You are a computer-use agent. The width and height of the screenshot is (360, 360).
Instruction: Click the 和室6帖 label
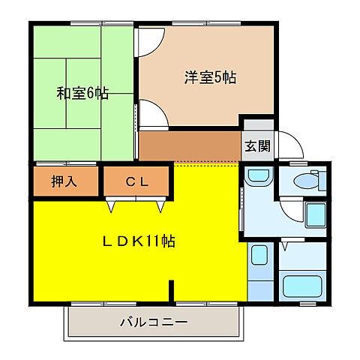[82, 94]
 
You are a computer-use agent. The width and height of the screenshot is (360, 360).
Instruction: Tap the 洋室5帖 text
[210, 76]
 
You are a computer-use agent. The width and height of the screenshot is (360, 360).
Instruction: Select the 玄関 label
[256, 146]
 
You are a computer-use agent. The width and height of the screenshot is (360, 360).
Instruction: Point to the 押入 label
[64, 181]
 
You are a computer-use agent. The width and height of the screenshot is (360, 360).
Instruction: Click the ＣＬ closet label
[137, 181]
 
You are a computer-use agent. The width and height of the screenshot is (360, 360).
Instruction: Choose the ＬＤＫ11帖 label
[139, 241]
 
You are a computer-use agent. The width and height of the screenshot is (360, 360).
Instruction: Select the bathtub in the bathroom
[302, 286]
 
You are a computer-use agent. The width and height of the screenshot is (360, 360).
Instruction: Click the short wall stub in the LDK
[172, 289]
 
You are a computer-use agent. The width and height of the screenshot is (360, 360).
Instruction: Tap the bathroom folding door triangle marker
[285, 244]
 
